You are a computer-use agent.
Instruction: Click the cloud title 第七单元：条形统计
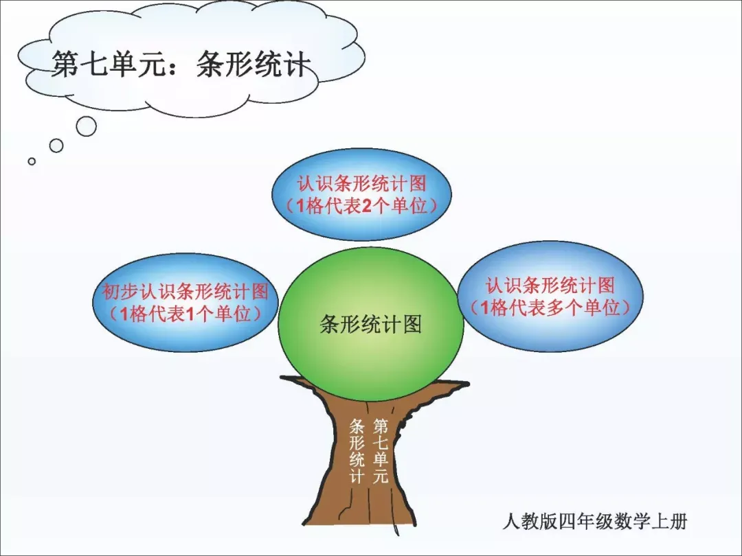pyautogui.click(x=181, y=65)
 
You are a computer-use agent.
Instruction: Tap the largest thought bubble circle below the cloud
pyautogui.click(x=86, y=126)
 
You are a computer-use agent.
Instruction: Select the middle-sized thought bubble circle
pyautogui.click(x=56, y=146)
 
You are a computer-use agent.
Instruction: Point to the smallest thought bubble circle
pyautogui.click(x=32, y=161)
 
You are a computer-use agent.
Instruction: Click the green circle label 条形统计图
pyautogui.click(x=370, y=324)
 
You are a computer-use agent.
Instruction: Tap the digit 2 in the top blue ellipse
pyautogui.click(x=367, y=206)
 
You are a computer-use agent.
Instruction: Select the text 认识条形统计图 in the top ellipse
pyautogui.click(x=362, y=183)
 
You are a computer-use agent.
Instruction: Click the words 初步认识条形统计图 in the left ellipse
pyautogui.click(x=185, y=291)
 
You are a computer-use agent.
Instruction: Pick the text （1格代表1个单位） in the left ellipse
pyautogui.click(x=185, y=314)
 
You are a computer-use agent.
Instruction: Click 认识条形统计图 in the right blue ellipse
pyautogui.click(x=550, y=285)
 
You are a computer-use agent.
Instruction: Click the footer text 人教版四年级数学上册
pyautogui.click(x=594, y=522)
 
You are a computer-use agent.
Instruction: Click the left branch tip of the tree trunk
pyautogui.click(x=282, y=378)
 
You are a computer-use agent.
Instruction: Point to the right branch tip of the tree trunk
pyautogui.click(x=467, y=384)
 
